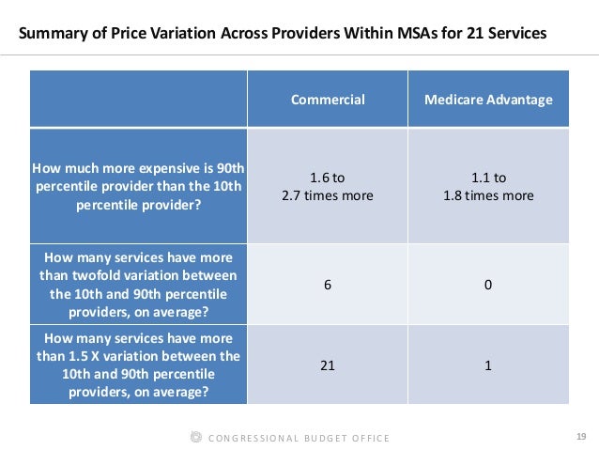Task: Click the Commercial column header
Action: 327,99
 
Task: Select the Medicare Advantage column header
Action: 487,99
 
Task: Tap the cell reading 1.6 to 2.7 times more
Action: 327,187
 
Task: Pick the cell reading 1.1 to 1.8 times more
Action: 487,187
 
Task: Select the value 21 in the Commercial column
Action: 327,365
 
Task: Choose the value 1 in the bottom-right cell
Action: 487,365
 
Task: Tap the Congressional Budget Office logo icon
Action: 194,438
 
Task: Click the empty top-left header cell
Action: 138,99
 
